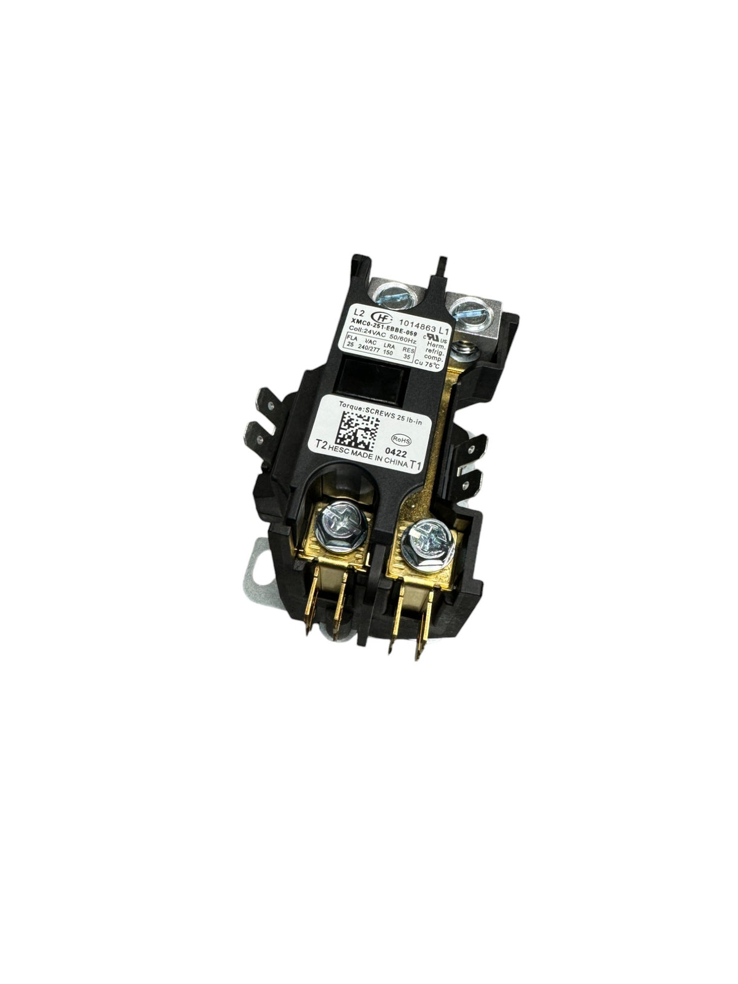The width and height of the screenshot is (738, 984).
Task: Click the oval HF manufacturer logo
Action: coord(365,317)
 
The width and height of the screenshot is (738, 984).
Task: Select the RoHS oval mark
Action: coord(403,439)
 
